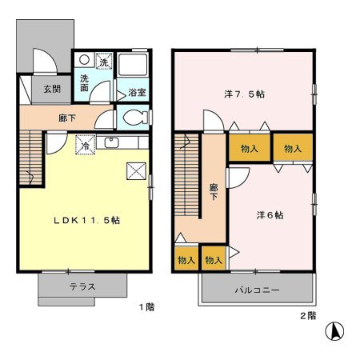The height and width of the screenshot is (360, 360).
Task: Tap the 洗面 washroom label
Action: click(x=85, y=82)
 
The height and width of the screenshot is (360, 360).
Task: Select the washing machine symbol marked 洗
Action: click(x=103, y=61)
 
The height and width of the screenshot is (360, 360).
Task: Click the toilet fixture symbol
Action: click(x=134, y=117)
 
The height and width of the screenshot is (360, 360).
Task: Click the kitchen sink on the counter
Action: click(x=110, y=144)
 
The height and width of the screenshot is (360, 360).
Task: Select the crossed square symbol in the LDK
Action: click(x=136, y=170)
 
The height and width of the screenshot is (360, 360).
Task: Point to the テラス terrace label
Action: click(x=82, y=286)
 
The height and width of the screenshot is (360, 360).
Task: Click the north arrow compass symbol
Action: click(x=336, y=330)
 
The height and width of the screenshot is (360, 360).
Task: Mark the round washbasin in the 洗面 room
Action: click(x=83, y=60)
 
